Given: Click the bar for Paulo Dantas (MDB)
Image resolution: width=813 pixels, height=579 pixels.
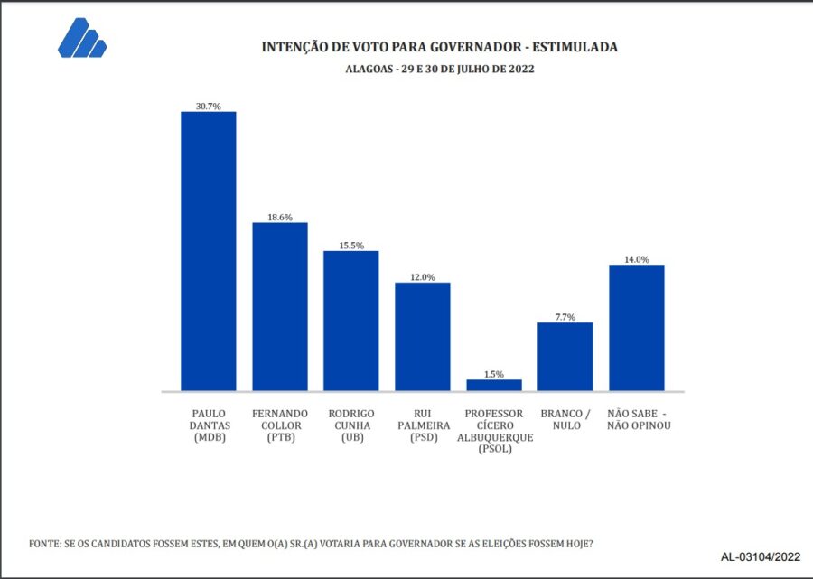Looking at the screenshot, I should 209,251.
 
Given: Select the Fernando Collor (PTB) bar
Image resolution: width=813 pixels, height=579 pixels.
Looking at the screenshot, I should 280,306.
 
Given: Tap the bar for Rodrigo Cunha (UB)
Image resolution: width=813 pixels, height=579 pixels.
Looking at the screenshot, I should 351,321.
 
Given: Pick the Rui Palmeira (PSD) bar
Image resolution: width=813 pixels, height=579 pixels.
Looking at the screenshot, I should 422,336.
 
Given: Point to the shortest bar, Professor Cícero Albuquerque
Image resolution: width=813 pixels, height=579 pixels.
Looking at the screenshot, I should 493,385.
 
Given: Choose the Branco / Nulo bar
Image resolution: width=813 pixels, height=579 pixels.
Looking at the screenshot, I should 565,356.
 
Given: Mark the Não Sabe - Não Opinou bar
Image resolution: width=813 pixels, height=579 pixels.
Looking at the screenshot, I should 637,327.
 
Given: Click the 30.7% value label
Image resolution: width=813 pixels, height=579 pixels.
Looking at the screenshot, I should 209,106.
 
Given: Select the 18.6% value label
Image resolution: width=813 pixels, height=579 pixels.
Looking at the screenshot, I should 280,217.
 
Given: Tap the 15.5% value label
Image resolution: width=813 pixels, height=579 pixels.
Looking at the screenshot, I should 351,245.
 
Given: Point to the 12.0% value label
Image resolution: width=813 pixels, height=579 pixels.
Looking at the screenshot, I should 422,277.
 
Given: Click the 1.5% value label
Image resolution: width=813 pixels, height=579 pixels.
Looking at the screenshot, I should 493,374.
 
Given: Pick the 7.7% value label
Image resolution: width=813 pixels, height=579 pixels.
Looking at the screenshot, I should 565,316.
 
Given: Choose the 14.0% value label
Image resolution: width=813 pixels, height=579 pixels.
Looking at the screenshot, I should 637,259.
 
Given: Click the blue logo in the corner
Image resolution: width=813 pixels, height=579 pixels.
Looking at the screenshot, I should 81,39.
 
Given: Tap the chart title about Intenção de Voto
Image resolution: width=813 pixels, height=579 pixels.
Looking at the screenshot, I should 439,46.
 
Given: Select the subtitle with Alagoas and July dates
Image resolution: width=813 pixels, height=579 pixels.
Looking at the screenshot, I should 439,69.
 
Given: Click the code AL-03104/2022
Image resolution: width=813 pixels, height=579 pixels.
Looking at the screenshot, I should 761,556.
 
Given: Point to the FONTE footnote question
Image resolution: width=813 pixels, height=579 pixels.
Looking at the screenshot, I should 312,544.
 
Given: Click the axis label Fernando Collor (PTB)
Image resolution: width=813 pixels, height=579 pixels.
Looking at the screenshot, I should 280,425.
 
